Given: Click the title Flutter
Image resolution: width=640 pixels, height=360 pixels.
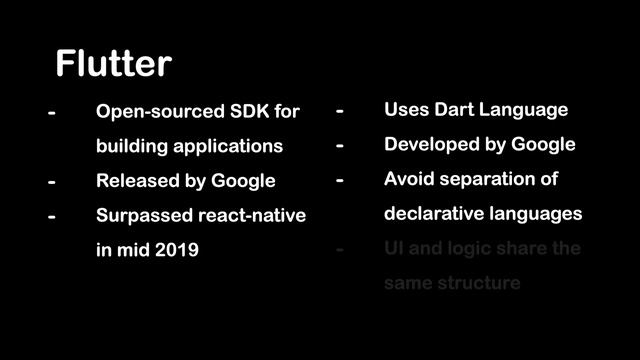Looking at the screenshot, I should click(113, 64).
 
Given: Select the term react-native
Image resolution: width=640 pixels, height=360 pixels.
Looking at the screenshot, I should click(250, 216).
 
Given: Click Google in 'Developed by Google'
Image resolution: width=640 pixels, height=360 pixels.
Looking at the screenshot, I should click(543, 145).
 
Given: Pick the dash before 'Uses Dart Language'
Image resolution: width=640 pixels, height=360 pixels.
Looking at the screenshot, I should click(340, 110).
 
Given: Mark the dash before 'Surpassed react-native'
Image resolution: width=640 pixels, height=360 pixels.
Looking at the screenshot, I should click(51, 216).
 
